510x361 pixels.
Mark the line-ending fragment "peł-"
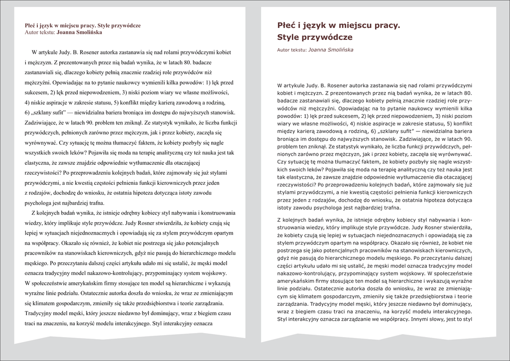(466, 147)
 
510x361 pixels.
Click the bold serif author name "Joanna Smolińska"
(80, 32)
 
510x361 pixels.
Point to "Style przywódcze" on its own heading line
(314, 37)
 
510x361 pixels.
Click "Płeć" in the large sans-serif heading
(287, 24)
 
